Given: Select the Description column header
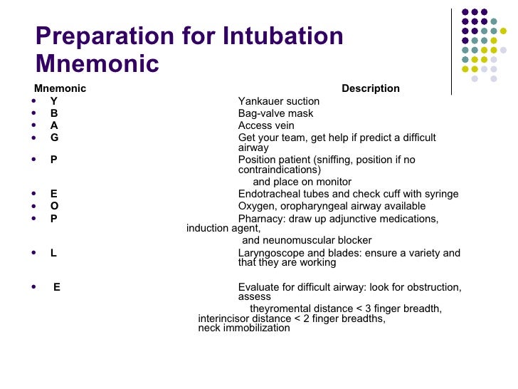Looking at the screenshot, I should pyautogui.click(x=370, y=88).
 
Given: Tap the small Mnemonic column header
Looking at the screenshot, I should pyautogui.click(x=60, y=88).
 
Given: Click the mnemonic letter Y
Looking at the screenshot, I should pyautogui.click(x=53, y=101).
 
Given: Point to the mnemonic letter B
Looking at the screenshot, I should pyautogui.click(x=53, y=113).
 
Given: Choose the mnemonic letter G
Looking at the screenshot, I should pyautogui.click(x=54, y=138).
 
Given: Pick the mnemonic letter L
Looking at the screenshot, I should pyautogui.click(x=53, y=253).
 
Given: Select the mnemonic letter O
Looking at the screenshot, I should pyautogui.click(x=54, y=206).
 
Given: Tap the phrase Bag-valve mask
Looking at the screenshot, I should pyautogui.click(x=275, y=113).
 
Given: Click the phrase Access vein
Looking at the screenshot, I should pyautogui.click(x=266, y=125).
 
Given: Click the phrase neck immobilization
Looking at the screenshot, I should pyautogui.click(x=243, y=328).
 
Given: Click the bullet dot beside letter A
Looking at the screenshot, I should pyautogui.click(x=35, y=125).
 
